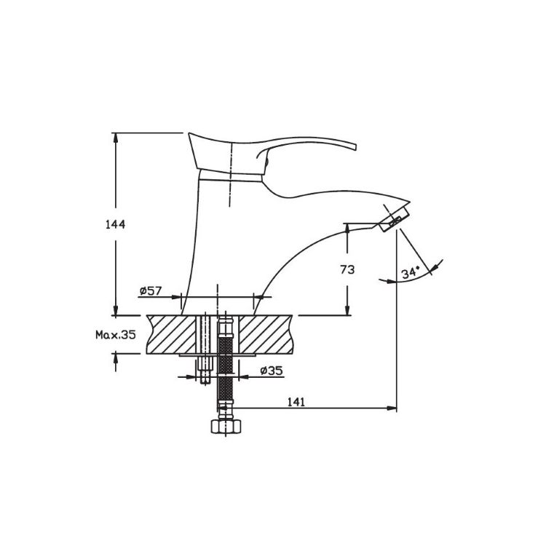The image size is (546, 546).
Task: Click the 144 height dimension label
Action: [x=115, y=225]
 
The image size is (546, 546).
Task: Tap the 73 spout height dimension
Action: [x=347, y=269]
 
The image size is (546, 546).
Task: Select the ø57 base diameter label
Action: [x=151, y=290]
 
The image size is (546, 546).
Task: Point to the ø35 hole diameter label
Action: [x=272, y=371]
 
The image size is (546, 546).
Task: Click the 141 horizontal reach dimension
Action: [x=296, y=402]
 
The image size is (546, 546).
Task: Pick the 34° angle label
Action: [x=411, y=273]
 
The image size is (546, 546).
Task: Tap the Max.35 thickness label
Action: [x=116, y=335]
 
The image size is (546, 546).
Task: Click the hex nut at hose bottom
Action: [x=226, y=426]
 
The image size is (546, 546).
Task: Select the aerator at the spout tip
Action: [x=394, y=218]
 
